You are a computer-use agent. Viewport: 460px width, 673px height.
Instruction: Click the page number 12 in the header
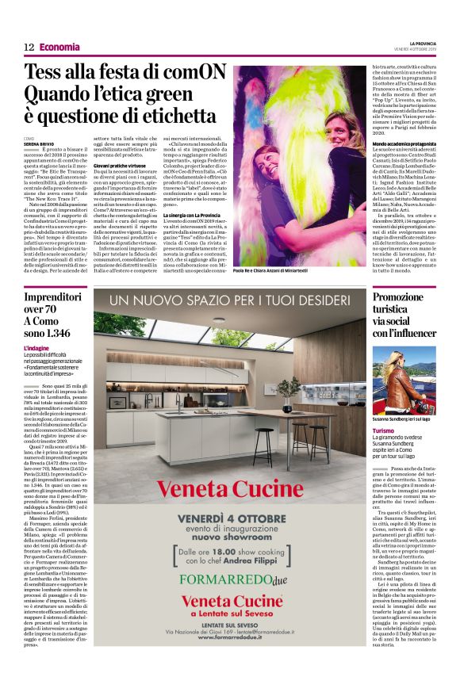(29, 47)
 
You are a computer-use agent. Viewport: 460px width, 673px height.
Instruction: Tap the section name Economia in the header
(59, 47)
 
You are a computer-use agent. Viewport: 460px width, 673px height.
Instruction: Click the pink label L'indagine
(36, 348)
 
